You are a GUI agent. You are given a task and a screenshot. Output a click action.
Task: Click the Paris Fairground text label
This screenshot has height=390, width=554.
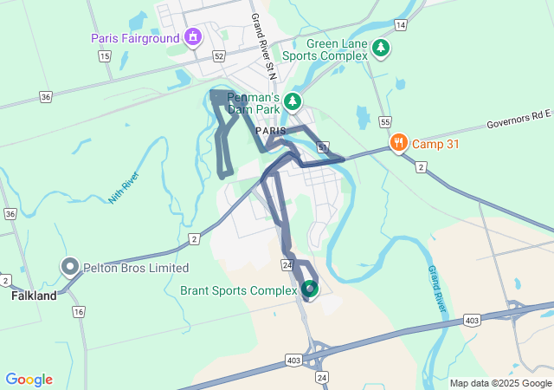tap(134, 38)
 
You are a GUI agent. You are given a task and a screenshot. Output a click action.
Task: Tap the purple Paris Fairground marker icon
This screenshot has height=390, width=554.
tap(192, 37)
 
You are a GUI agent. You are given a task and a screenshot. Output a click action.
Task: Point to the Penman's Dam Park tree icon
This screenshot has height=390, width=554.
tap(293, 101)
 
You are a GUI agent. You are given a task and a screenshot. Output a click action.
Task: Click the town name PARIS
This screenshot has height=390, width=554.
tap(270, 131)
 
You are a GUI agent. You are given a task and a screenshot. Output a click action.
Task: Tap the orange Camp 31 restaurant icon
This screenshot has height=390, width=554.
tap(398, 143)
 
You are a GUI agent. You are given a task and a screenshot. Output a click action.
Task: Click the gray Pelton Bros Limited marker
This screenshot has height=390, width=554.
tap(69, 266)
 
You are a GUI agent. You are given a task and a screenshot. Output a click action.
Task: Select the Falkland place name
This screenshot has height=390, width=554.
tap(34, 296)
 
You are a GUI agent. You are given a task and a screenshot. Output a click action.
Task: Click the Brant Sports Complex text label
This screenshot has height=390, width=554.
tap(238, 290)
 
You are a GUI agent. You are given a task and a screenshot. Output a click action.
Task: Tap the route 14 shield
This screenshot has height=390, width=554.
tap(400, 26)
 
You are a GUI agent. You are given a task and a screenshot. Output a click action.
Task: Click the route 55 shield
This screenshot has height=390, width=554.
tap(385, 122)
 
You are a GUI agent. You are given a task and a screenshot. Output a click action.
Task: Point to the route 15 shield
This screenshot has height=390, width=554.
tap(105, 56)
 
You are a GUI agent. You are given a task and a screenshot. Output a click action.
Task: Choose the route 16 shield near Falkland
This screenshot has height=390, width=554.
tap(79, 311)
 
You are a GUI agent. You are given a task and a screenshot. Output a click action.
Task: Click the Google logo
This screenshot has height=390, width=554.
tap(29, 380)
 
